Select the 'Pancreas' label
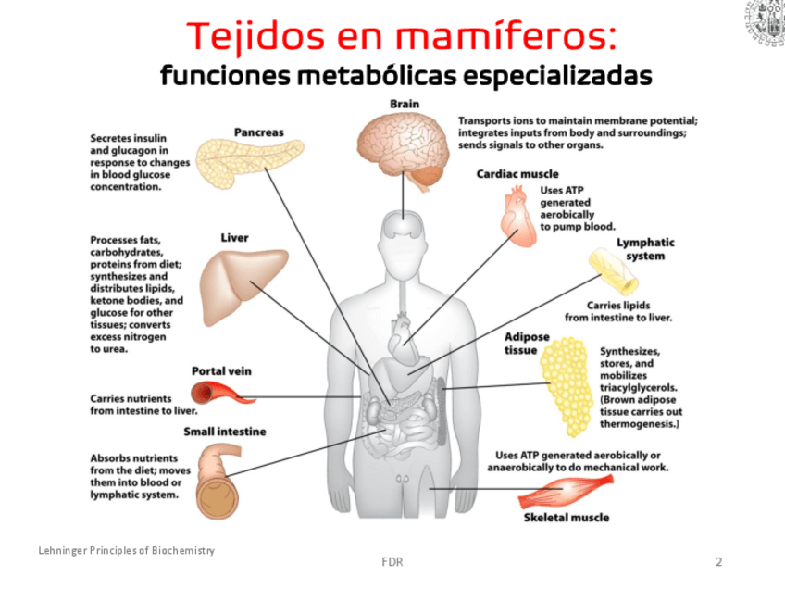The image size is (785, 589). pos(258,132)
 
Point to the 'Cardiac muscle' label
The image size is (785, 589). pos(517,173)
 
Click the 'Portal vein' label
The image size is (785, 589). pos(221,370)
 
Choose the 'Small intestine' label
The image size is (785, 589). pos(224,432)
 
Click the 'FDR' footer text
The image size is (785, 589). pos(392,561)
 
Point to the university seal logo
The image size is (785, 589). pos(765,22)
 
